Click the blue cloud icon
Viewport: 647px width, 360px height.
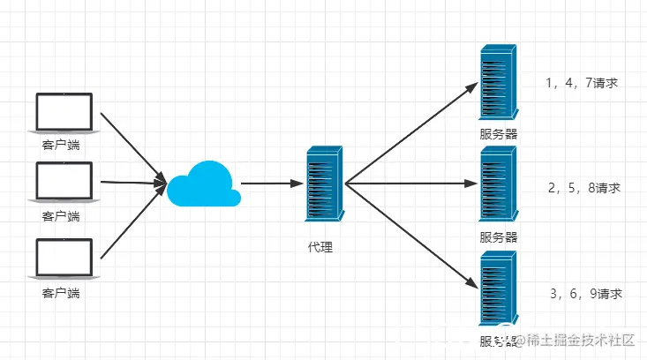tap(204, 184)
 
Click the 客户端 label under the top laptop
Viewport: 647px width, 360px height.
tap(61, 145)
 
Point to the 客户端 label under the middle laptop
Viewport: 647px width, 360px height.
tap(61, 216)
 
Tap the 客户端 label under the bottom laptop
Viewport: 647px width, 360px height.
tap(61, 291)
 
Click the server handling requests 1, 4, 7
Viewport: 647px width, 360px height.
tap(498, 84)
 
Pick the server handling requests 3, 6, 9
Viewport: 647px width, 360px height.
tap(498, 288)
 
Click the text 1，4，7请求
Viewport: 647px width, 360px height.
tap(581, 84)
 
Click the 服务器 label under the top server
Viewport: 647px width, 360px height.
tap(499, 134)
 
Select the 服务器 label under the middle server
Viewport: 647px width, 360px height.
tap(499, 236)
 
